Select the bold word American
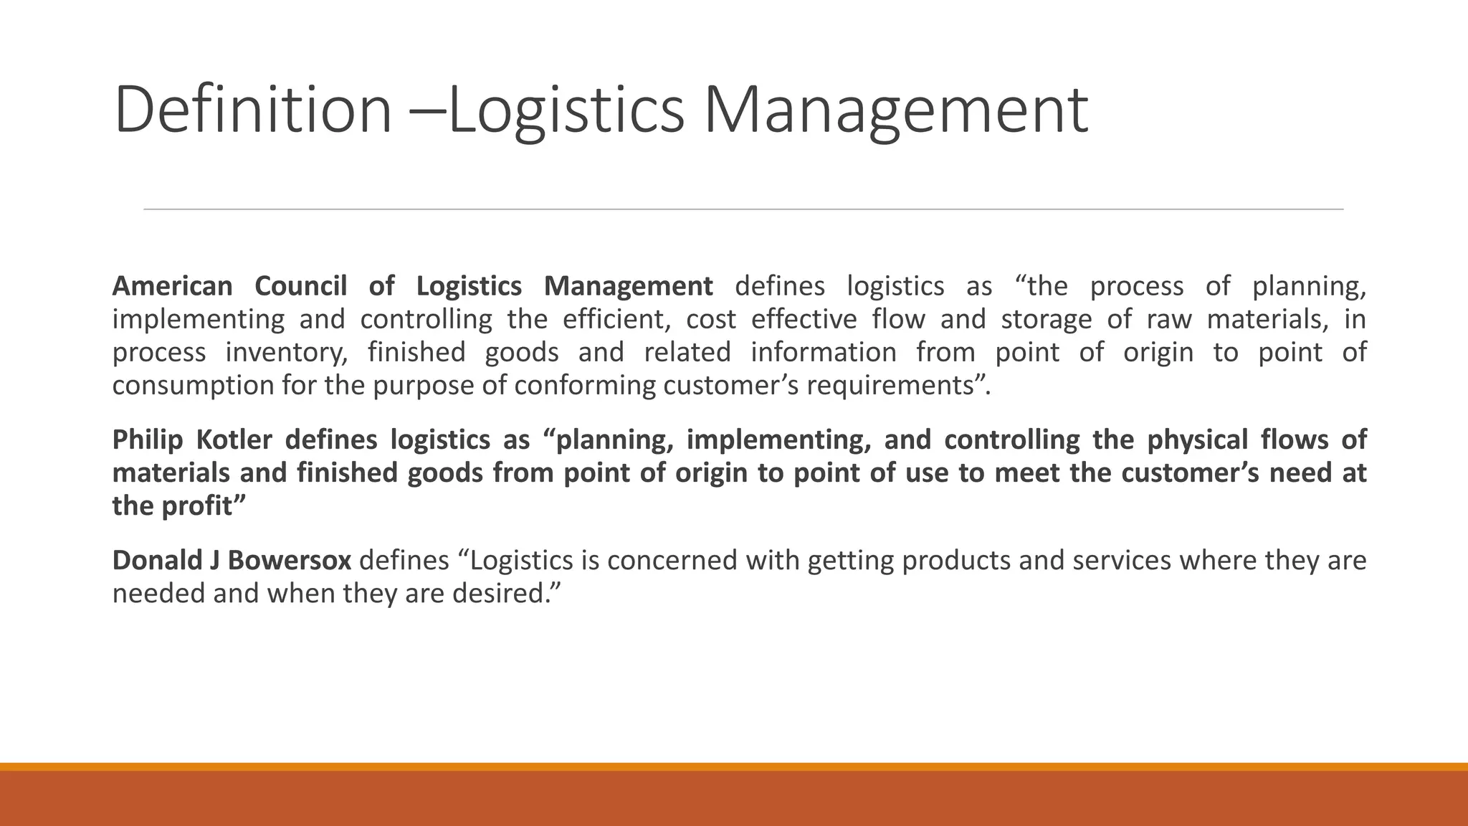pos(172,286)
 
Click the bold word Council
pos(300,286)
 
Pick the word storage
pos(1046,319)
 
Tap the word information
pos(824,352)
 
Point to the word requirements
pos(892,386)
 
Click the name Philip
pos(148,440)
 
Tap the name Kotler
pos(234,440)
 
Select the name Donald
pos(157,560)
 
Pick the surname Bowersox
pos(290,560)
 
